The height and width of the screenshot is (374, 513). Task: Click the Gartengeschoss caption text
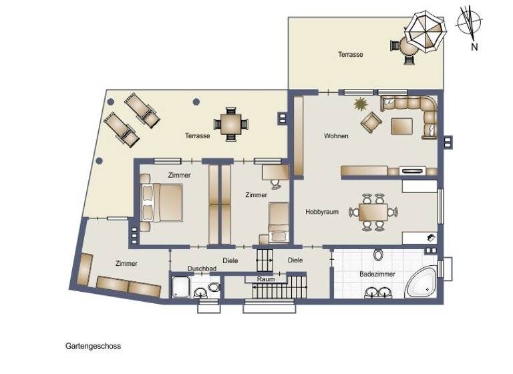(x=93, y=347)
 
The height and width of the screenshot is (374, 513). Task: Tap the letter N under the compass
(x=474, y=47)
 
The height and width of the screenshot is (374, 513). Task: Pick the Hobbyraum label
(x=322, y=212)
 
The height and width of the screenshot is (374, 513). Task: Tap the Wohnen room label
(x=336, y=136)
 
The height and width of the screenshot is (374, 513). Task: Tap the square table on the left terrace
(x=230, y=124)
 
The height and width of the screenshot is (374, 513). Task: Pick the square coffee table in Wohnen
(x=401, y=126)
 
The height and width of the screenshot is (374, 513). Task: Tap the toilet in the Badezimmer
(x=378, y=255)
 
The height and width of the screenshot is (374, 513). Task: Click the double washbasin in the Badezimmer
(x=378, y=291)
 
